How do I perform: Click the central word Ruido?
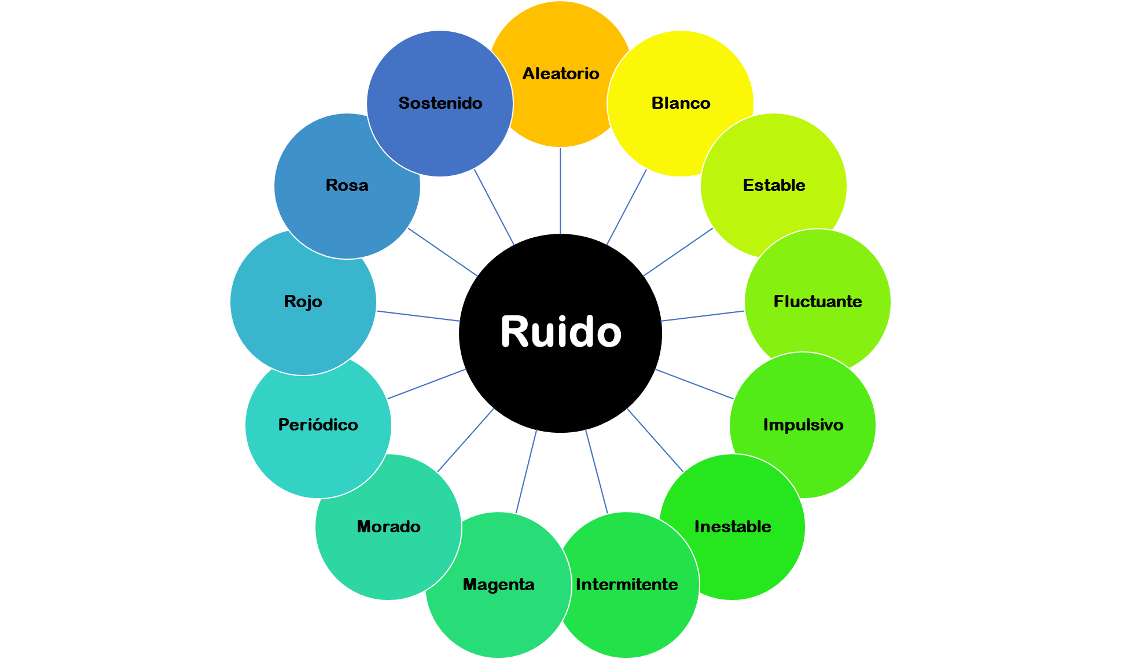pyautogui.click(x=560, y=332)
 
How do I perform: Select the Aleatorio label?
pyautogui.click(x=561, y=73)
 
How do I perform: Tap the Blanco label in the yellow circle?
pyautogui.click(x=681, y=103)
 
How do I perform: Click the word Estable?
pyautogui.click(x=774, y=185)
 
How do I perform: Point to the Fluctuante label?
pyautogui.click(x=817, y=301)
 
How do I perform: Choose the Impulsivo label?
pyautogui.click(x=803, y=425)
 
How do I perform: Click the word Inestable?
pyautogui.click(x=732, y=527)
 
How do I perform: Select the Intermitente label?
pyautogui.click(x=626, y=584)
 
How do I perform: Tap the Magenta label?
pyautogui.click(x=498, y=584)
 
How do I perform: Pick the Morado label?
pyautogui.click(x=388, y=527)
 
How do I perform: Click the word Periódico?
pyautogui.click(x=318, y=425)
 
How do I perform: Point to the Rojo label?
pyautogui.click(x=303, y=301)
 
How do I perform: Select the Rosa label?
pyautogui.click(x=347, y=185)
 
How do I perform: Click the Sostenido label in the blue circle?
pyautogui.click(x=440, y=103)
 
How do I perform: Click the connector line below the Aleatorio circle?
pyautogui.click(x=560, y=191)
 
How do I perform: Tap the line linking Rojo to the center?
pyautogui.click(x=418, y=316)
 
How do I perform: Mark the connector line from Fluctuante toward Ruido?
pyautogui.click(x=702, y=316)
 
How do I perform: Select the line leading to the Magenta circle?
pyautogui.click(x=526, y=471)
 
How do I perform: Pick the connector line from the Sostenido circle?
pyautogui.click(x=494, y=208)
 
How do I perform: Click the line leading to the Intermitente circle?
pyautogui.click(x=596, y=471)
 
